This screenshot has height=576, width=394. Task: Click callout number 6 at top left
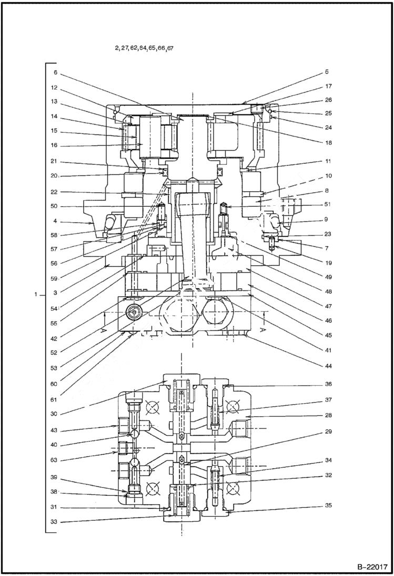pos(55,73)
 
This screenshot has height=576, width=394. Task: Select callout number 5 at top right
pos(326,72)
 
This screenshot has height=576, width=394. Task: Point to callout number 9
pos(326,219)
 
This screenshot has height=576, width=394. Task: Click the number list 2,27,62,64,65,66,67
pos(144,47)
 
